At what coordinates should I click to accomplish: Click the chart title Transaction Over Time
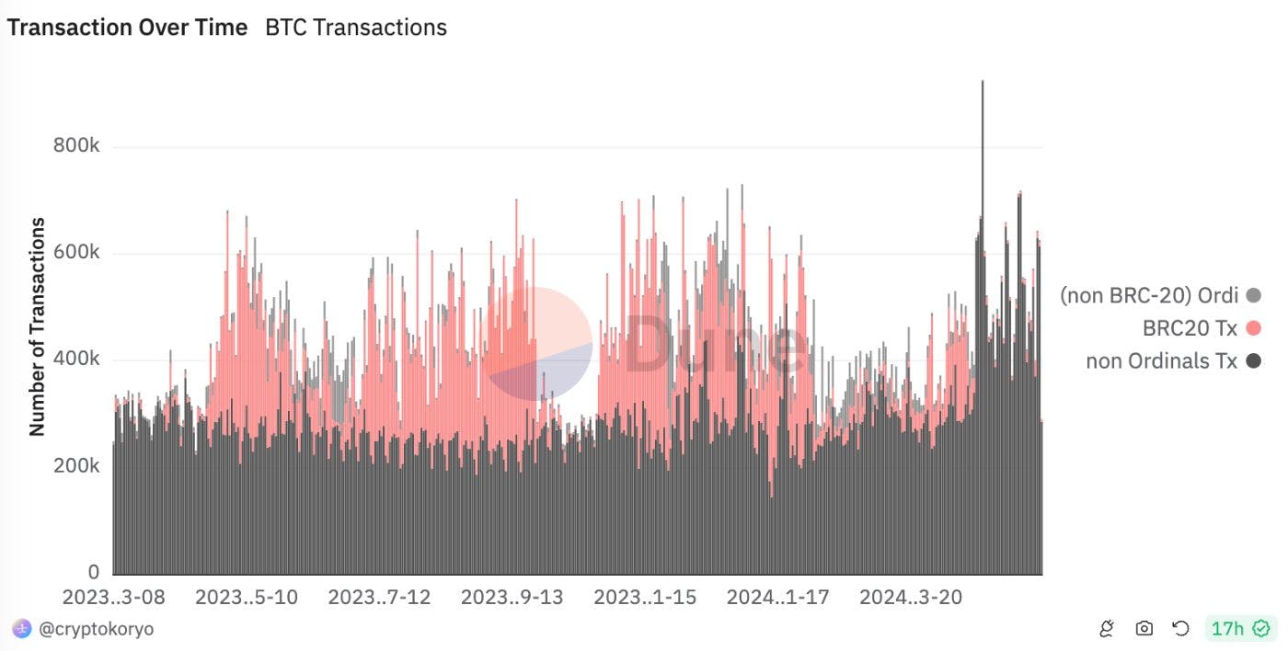[x=127, y=28]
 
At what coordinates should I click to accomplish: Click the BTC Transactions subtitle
[x=356, y=28]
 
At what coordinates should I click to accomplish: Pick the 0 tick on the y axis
[x=93, y=572]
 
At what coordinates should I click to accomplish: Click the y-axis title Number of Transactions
[x=38, y=326]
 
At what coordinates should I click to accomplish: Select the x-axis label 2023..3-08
[x=113, y=598]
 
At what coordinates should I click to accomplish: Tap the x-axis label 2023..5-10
[x=247, y=598]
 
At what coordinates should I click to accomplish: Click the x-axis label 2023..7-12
[x=379, y=598]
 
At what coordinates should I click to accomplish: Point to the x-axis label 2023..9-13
[x=512, y=598]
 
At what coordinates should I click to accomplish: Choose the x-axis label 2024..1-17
[x=777, y=598]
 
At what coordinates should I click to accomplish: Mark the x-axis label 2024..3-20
[x=911, y=598]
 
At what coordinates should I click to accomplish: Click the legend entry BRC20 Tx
[x=1190, y=328]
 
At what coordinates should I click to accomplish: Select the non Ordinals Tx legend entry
[x=1161, y=361]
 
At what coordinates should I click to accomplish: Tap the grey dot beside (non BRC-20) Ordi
[x=1252, y=296]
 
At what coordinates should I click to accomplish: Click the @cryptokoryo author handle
[x=96, y=629]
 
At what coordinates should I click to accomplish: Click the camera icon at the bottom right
[x=1144, y=629]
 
